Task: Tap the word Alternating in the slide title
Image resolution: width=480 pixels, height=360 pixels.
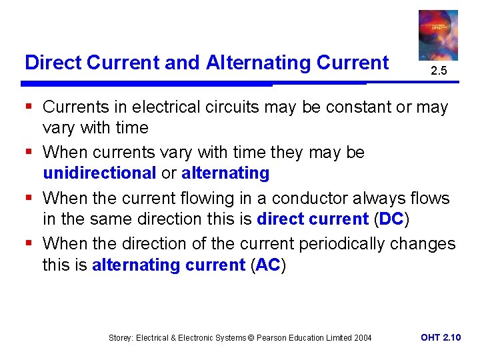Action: [x=249, y=63]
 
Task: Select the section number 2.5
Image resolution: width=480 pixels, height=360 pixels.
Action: [x=438, y=71]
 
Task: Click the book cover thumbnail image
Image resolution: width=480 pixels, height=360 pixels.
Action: [x=438, y=35]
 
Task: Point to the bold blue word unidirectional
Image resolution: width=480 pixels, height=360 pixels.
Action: [x=99, y=173]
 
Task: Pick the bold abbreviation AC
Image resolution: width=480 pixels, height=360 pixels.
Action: [x=268, y=265]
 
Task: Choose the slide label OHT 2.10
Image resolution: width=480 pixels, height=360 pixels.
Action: [x=441, y=338]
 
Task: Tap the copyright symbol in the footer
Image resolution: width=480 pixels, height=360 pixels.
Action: [x=251, y=338]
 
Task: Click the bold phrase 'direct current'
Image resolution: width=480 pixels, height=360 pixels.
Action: [x=312, y=219]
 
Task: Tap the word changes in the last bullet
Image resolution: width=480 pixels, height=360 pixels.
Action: [x=425, y=243]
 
